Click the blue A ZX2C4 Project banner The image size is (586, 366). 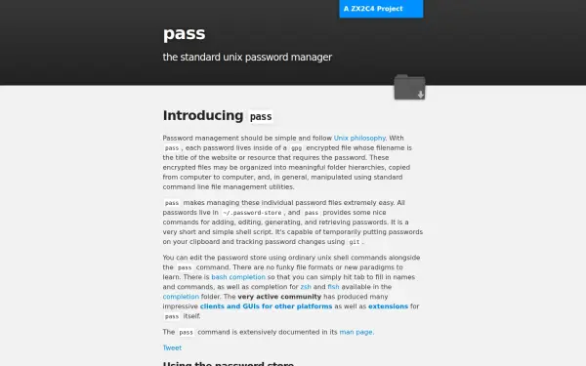click(381, 9)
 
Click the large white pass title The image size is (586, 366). click(184, 34)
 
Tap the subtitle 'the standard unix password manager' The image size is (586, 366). click(247, 57)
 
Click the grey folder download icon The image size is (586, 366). click(409, 88)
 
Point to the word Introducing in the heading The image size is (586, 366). click(203, 116)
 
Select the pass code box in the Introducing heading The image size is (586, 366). click(261, 117)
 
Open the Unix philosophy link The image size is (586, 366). click(360, 139)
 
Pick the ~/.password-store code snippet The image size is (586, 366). click(252, 212)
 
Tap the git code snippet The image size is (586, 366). click(354, 242)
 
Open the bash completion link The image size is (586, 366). click(239, 277)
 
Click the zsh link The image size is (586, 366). click(306, 287)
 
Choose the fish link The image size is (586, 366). click(333, 287)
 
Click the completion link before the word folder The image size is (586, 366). click(181, 297)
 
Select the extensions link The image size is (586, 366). click(388, 306)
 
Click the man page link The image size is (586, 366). click(356, 332)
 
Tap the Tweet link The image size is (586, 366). click(172, 347)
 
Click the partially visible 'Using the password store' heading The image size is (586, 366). click(228, 363)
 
